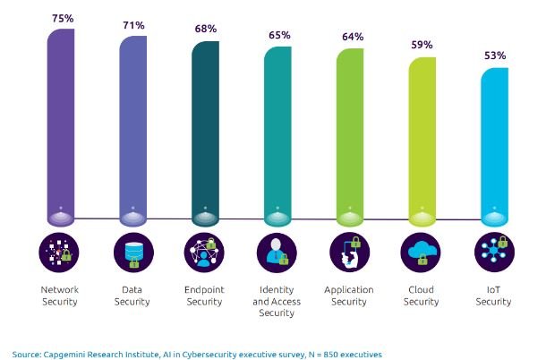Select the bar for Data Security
132,130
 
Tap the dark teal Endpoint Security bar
204,134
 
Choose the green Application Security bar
350,139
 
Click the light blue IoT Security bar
495,148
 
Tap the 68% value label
207,28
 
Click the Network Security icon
59,253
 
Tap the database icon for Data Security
132,253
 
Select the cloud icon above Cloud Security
422,253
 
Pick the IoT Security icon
495,253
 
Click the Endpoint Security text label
204,296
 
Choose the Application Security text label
350,296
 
